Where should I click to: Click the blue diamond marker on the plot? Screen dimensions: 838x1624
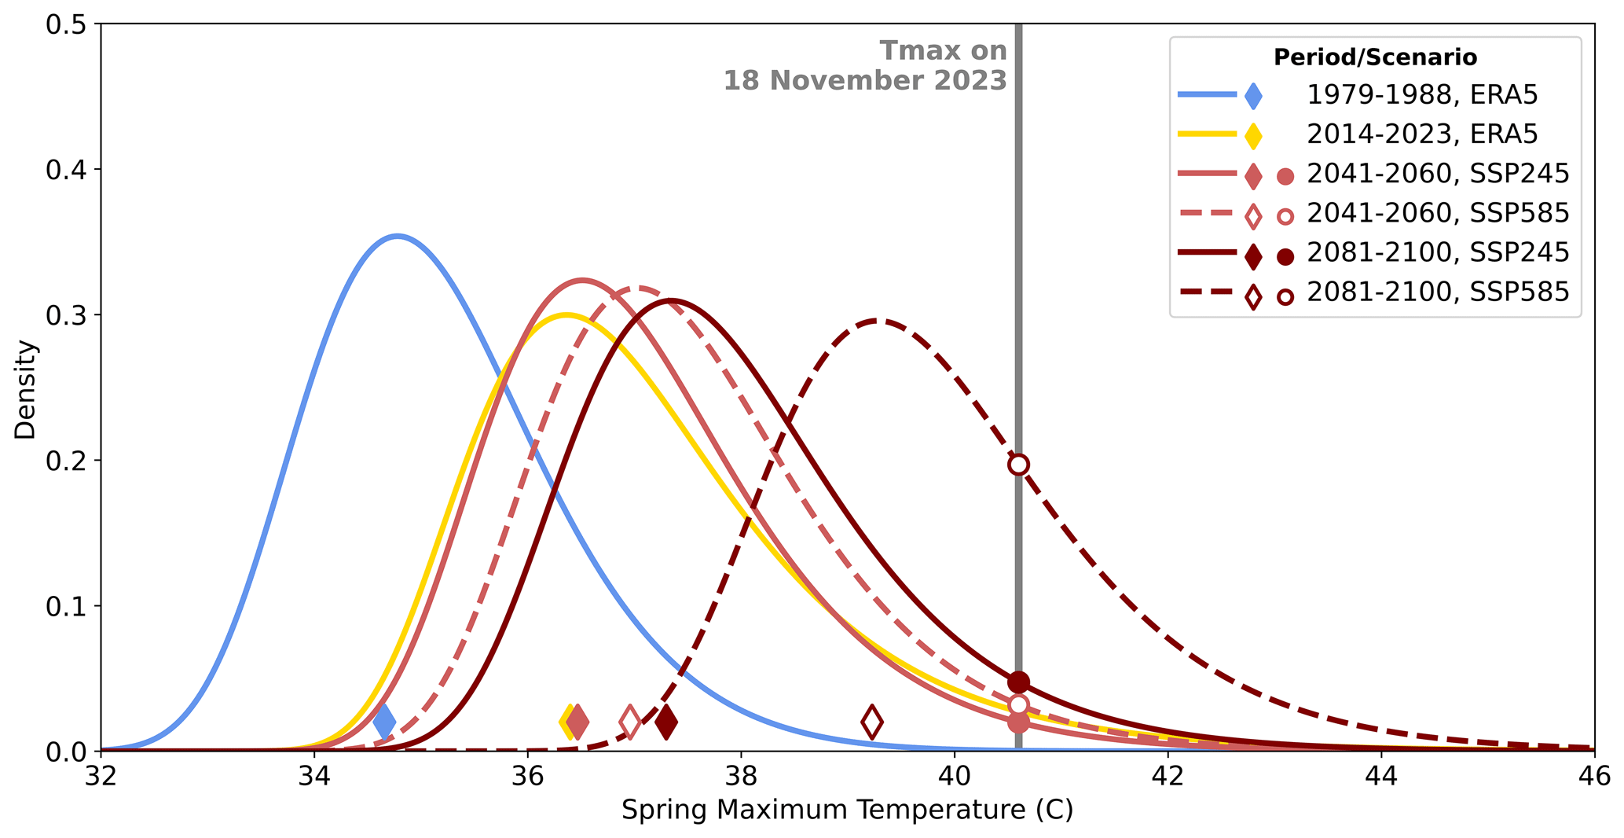[x=384, y=722]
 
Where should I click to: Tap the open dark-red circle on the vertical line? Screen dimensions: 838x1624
[x=1018, y=464]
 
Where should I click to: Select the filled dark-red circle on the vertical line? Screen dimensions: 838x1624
[x=1018, y=682]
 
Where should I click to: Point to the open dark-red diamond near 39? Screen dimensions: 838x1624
[x=871, y=722]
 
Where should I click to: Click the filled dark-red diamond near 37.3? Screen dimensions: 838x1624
[x=666, y=722]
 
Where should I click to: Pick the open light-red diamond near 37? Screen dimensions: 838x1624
[x=630, y=722]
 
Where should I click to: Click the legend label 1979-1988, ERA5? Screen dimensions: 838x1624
[x=1422, y=95]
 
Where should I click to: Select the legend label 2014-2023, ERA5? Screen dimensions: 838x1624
[x=1422, y=134]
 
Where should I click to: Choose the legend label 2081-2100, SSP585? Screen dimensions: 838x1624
[x=1438, y=292]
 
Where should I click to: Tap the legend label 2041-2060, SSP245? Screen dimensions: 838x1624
[x=1438, y=174]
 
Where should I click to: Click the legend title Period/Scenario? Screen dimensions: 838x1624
[x=1375, y=57]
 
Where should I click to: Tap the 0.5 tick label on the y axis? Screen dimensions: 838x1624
[x=67, y=24]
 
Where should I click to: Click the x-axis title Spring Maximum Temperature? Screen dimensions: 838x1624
[x=847, y=810]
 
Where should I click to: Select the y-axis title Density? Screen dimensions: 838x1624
[x=25, y=388]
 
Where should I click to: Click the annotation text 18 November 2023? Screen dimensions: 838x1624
[x=865, y=80]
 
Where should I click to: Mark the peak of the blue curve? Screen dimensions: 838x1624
[x=398, y=236]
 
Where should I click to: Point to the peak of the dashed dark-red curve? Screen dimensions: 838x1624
[x=877, y=321]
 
